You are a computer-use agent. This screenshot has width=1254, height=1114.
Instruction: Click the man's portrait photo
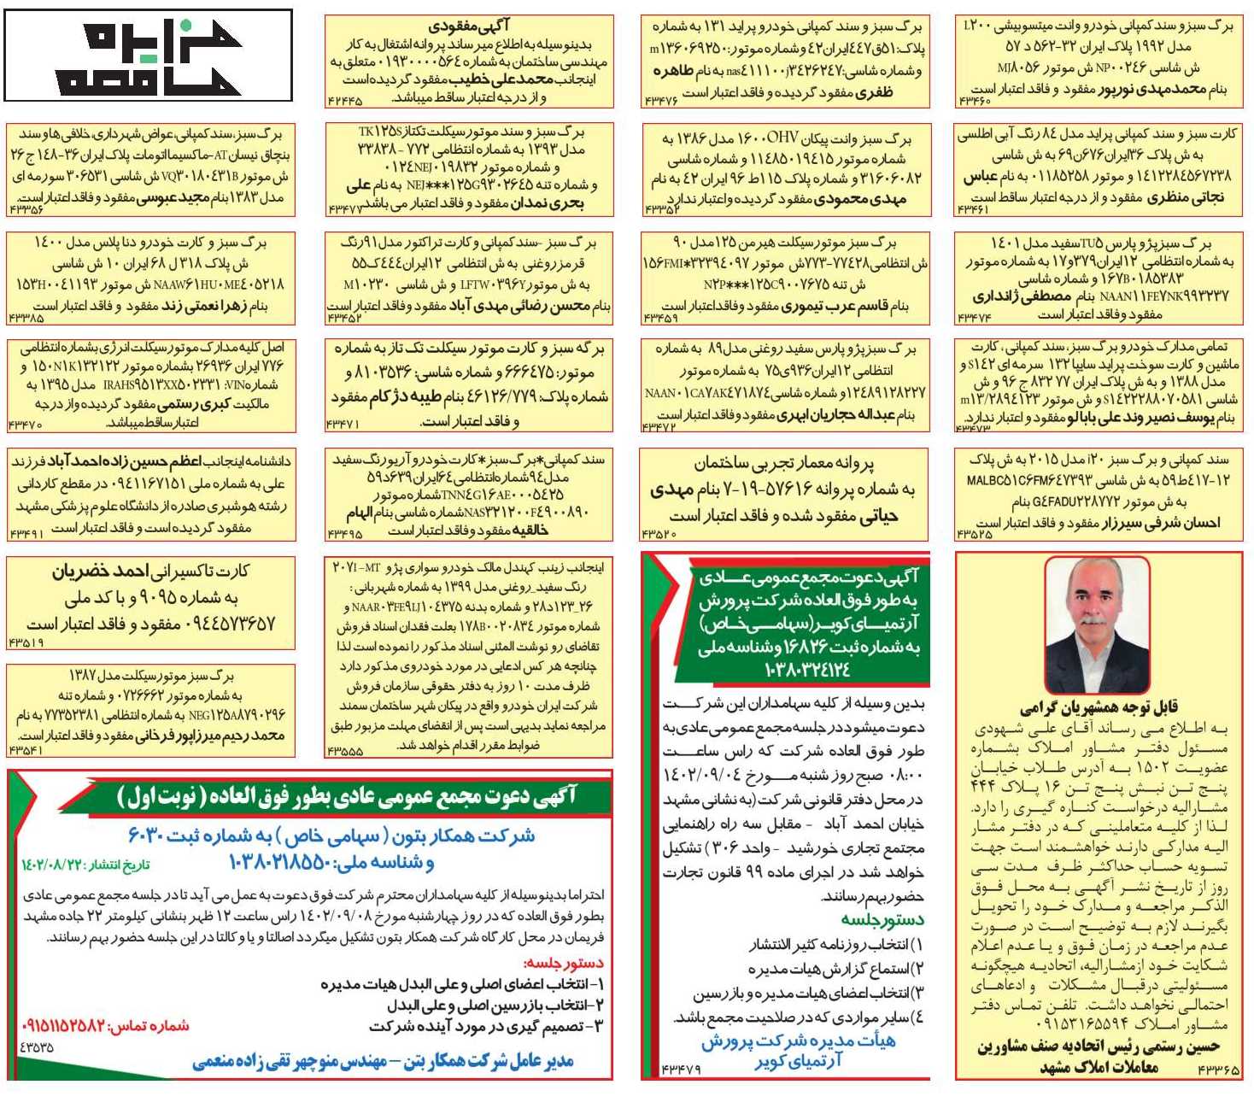pos(1097,625)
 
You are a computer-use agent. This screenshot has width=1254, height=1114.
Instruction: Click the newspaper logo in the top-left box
pos(148,56)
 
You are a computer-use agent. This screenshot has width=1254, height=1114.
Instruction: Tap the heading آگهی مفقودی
pos(469,26)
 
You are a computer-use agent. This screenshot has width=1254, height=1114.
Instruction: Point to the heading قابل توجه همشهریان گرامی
pos(1099,708)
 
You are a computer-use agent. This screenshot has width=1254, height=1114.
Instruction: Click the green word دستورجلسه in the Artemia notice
pos(882,920)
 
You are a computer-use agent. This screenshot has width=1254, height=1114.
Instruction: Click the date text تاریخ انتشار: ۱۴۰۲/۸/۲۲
pos(85,865)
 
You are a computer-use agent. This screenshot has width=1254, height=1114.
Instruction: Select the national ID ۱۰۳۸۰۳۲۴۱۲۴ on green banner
pos(807,670)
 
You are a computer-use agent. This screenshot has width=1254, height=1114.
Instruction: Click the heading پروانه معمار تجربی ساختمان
pos(783,463)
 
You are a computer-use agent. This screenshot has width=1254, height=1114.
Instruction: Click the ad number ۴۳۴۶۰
pos(974,102)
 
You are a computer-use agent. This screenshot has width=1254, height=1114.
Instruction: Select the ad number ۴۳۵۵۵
pos(344,752)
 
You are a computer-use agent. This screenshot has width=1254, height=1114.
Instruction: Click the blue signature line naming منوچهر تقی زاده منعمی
pos(382,1061)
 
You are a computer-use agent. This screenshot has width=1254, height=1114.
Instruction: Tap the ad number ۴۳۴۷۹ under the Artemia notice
pos(681,1070)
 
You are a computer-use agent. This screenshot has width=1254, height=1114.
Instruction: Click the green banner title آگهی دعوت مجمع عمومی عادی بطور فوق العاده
pos(346,796)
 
